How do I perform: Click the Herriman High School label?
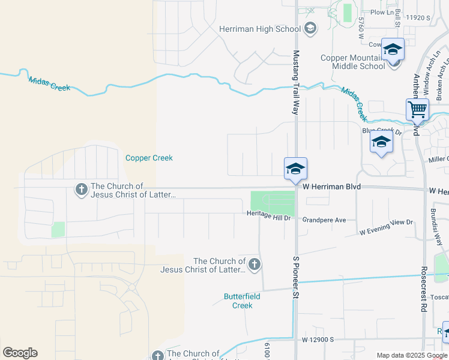(x=252, y=29)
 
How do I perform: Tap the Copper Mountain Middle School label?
(x=352, y=62)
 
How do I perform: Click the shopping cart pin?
(x=417, y=110)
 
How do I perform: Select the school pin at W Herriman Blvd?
(x=295, y=169)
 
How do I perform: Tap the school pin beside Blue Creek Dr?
(x=381, y=143)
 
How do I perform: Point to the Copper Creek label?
(x=149, y=158)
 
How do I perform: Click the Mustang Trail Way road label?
(x=295, y=82)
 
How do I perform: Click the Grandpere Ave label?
(x=324, y=220)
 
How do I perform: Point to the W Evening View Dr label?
(x=387, y=227)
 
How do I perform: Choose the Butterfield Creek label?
(x=238, y=301)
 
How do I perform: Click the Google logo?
(x=20, y=353)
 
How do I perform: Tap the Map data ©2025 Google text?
(x=412, y=355)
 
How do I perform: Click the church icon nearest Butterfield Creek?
(x=255, y=265)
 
